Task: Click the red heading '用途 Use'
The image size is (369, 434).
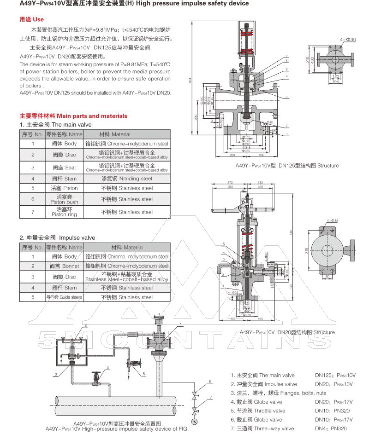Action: pos(31,19)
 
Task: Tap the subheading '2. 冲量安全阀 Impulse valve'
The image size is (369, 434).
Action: pos(57,237)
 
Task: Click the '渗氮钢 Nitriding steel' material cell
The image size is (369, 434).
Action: pos(127,179)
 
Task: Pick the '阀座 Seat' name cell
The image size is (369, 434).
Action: pos(64,168)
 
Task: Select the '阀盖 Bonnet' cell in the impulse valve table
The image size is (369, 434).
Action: pos(64,266)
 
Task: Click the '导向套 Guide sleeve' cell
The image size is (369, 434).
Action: pos(64,297)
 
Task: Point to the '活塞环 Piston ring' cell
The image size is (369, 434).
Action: pos(64,212)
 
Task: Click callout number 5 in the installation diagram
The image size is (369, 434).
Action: pos(144,373)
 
